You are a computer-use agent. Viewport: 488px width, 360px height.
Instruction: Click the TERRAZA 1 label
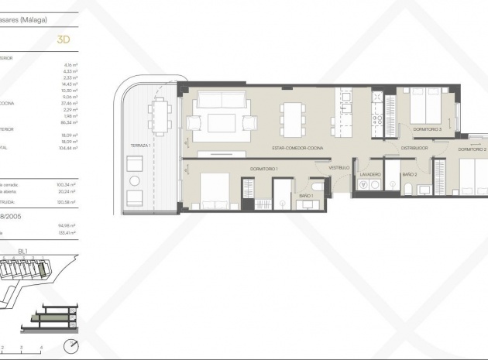click(x=140, y=146)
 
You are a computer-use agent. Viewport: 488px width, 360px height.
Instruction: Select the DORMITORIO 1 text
click(x=264, y=168)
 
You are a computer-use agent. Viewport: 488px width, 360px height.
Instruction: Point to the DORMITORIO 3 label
click(x=427, y=129)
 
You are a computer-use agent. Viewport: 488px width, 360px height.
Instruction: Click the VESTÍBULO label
click(x=339, y=167)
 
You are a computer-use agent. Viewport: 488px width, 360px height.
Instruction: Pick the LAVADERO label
click(x=369, y=175)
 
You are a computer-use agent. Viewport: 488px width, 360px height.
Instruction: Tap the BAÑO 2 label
click(x=410, y=175)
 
